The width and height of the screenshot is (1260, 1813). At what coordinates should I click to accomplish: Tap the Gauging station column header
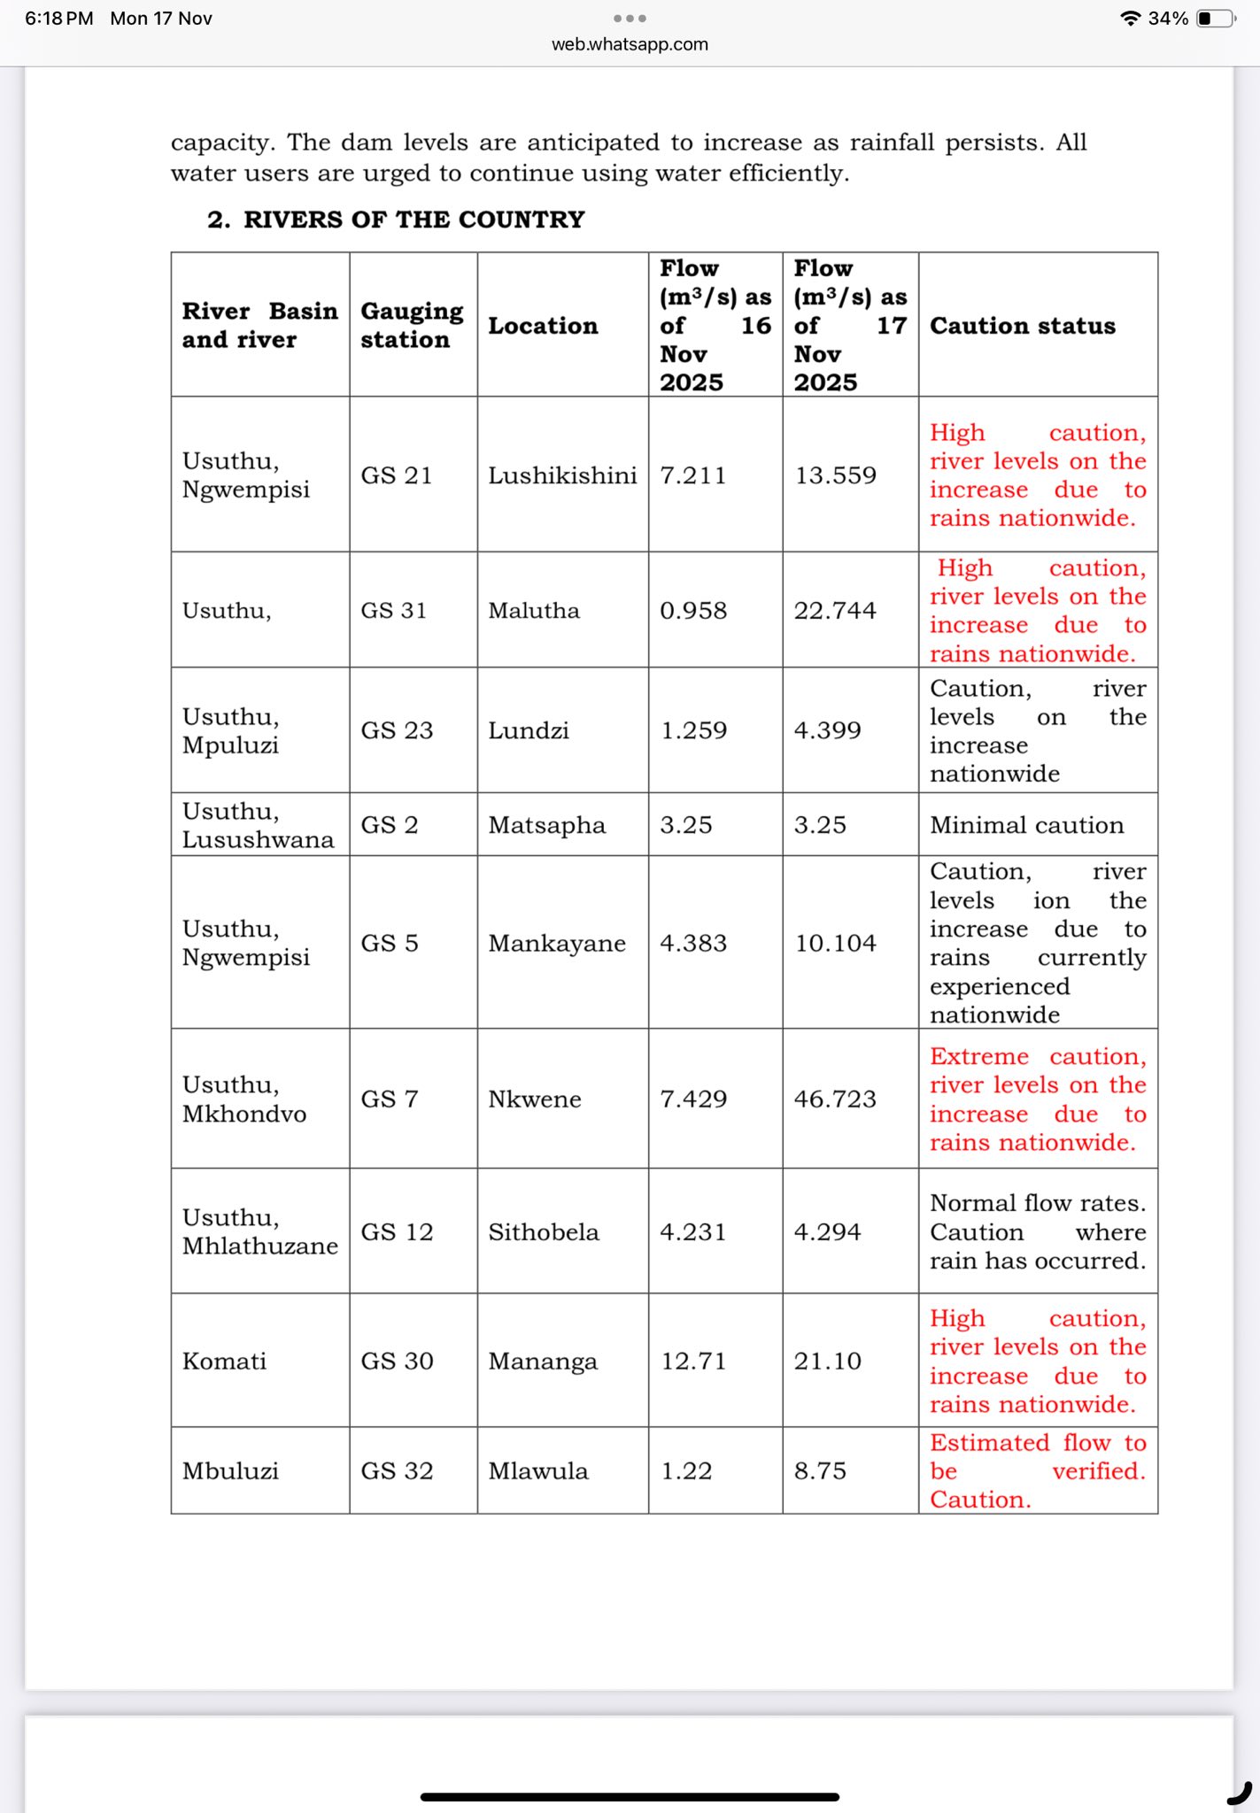[412, 325]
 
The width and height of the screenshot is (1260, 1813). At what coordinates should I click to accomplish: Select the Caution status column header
[1022, 326]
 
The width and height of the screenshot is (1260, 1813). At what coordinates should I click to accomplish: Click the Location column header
[543, 326]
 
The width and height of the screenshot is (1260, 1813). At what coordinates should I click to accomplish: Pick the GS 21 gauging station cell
[396, 475]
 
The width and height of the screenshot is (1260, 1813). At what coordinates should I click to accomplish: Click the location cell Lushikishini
[562, 475]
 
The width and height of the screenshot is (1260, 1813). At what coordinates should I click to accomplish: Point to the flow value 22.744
[834, 611]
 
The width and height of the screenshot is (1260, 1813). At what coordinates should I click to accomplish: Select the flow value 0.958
[692, 611]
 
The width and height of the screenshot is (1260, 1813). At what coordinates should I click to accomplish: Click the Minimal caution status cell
[1026, 825]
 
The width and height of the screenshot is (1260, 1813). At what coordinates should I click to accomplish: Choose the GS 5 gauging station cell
[389, 943]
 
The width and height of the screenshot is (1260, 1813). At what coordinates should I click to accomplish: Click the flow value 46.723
[834, 1099]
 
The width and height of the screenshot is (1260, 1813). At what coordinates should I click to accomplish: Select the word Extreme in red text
[978, 1057]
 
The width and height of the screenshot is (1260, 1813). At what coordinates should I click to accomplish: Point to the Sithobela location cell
[544, 1232]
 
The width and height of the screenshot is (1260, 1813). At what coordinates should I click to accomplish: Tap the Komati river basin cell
[224, 1362]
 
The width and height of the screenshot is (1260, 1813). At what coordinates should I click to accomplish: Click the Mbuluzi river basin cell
[230, 1471]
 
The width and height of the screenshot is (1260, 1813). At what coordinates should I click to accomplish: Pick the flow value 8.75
[820, 1471]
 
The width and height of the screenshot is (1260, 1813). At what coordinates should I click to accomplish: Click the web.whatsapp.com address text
[630, 44]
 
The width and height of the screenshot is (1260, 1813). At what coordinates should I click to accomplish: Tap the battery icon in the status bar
[1216, 19]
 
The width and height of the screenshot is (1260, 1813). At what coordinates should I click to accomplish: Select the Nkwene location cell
[535, 1099]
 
